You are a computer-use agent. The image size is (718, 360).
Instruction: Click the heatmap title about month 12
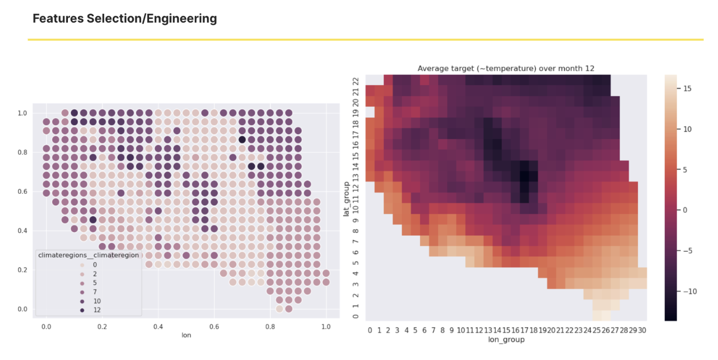[505, 68]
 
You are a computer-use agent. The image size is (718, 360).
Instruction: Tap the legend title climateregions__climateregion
[88, 255]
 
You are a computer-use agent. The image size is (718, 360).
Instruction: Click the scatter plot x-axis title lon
[186, 335]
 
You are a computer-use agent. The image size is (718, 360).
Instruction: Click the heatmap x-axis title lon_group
[506, 339]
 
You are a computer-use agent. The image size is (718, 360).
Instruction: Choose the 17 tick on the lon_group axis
[524, 330]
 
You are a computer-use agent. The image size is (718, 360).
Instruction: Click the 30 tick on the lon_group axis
[642, 330]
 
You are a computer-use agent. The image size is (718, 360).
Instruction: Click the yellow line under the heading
[365, 39]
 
